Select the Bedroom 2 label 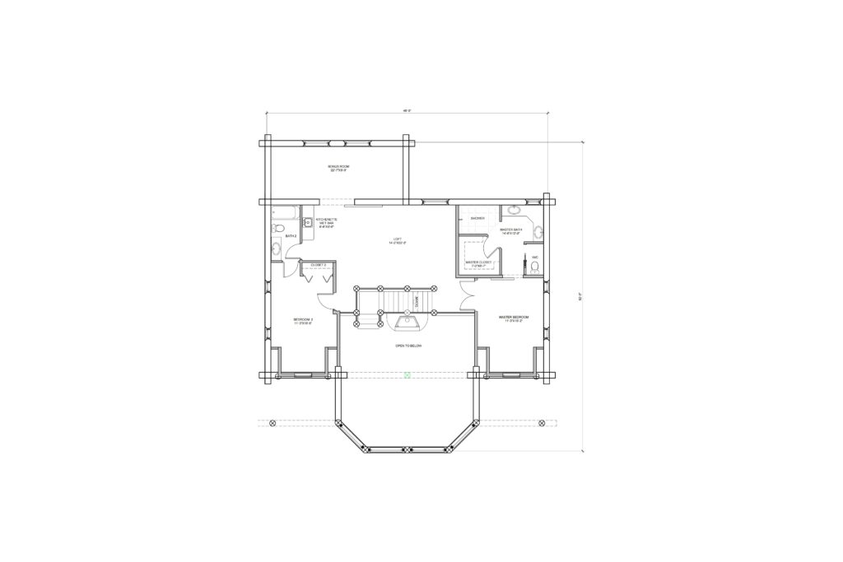[x=303, y=321]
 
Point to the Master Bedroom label [x=513, y=318]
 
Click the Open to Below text [x=408, y=346]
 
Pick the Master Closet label [x=478, y=263]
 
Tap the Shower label [x=477, y=218]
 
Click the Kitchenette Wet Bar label [x=327, y=222]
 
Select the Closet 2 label [x=318, y=265]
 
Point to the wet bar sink [x=308, y=222]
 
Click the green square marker [x=407, y=375]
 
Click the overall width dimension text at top [x=406, y=109]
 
